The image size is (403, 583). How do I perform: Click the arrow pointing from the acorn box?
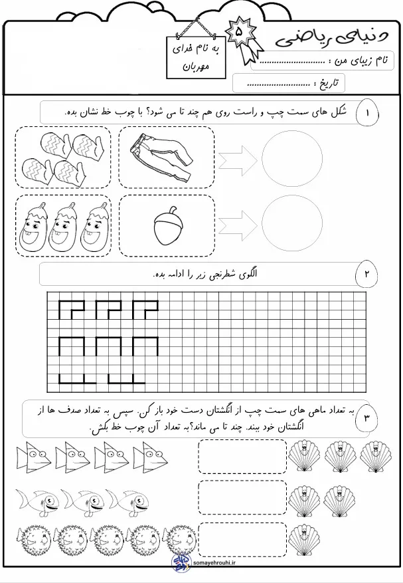coord(238,226)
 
